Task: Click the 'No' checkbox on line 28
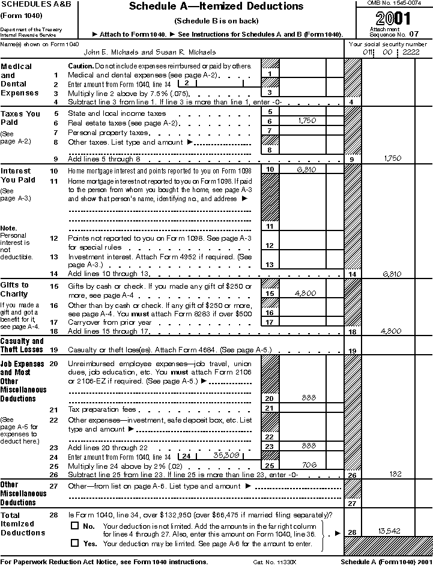(x=75, y=525)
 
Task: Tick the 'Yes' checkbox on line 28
(x=75, y=543)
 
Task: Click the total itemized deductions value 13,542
(x=389, y=531)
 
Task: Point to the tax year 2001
(x=393, y=17)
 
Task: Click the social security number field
(x=390, y=52)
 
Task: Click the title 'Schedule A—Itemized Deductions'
(x=216, y=7)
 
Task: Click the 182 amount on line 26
(x=396, y=474)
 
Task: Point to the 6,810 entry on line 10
(x=306, y=170)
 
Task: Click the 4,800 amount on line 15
(x=306, y=294)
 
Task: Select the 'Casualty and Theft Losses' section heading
(x=22, y=345)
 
